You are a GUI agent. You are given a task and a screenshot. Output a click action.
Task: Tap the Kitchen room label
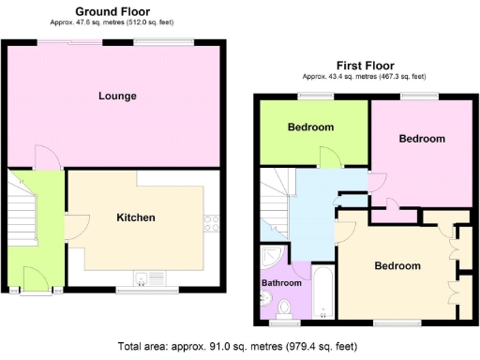pos(135,217)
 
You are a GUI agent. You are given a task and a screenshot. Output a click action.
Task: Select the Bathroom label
pos(281,282)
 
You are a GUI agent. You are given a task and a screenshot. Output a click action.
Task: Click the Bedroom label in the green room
pos(310,127)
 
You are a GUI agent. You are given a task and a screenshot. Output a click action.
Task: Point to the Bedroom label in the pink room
pos(422,139)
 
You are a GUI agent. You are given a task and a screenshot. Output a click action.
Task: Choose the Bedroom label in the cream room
pos(397,265)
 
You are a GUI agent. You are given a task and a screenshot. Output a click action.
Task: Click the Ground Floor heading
pos(114,9)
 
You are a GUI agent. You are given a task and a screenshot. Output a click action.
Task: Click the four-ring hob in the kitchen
pos(212,224)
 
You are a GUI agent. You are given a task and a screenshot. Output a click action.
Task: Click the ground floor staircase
pos(19,206)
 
